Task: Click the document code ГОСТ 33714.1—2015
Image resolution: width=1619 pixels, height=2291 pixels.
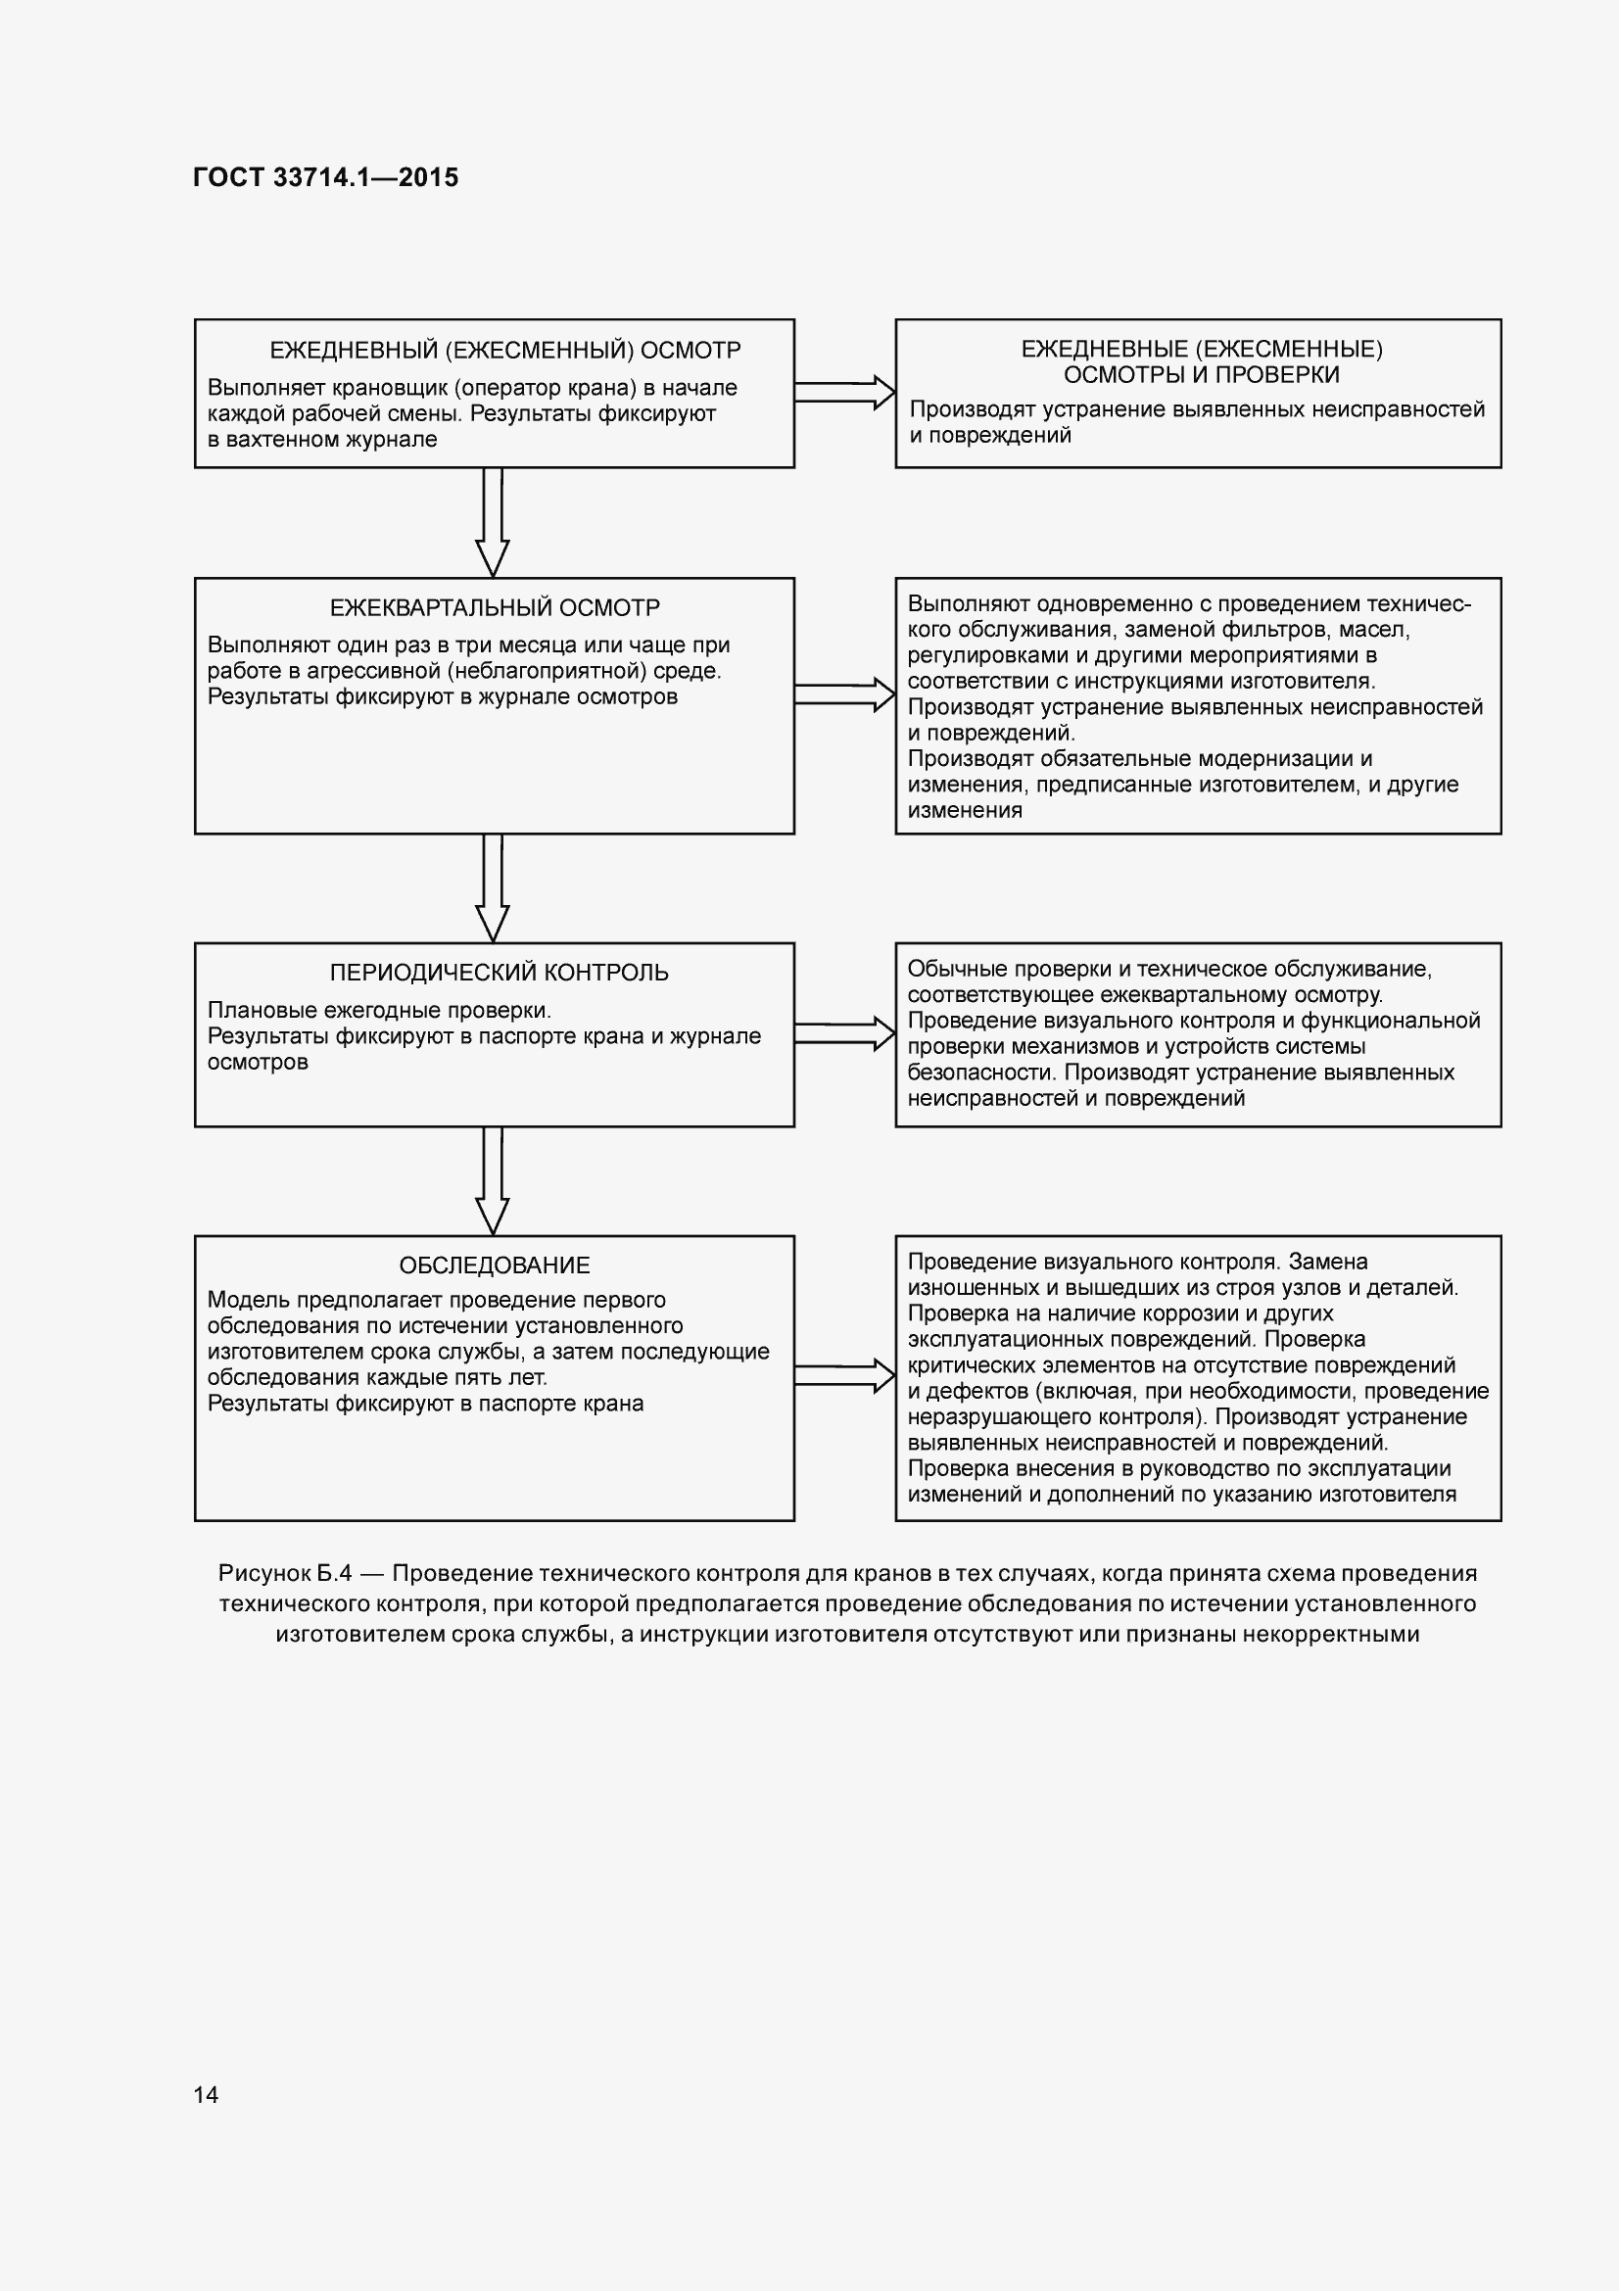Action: point(325,177)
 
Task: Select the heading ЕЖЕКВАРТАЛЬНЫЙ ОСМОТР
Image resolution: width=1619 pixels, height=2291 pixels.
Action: point(495,607)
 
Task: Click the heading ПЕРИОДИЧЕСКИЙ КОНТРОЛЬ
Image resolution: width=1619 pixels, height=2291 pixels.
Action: point(499,972)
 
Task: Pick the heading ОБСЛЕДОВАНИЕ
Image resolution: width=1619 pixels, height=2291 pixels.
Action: point(495,1265)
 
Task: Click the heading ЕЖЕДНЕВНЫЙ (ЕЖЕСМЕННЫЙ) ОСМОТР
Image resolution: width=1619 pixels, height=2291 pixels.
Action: point(504,351)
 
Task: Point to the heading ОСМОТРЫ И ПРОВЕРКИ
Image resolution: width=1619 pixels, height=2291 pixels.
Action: point(1201,375)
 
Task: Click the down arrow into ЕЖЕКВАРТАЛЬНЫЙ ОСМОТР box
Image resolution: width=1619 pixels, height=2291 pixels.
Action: point(493,523)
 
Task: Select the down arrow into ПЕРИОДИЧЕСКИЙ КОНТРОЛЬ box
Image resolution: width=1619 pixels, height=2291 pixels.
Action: point(493,888)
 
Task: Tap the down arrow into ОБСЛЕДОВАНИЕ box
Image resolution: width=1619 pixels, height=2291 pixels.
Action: point(493,1181)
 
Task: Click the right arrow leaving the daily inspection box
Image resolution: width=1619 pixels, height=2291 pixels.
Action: point(845,392)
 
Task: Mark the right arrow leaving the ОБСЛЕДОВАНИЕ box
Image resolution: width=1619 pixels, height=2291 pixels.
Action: point(845,1376)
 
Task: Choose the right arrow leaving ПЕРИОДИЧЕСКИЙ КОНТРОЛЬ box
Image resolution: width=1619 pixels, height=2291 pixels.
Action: point(845,1033)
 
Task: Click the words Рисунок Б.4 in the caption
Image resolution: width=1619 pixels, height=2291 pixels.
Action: point(285,1574)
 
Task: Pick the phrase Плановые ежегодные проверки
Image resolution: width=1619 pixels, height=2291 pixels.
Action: point(379,1010)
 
